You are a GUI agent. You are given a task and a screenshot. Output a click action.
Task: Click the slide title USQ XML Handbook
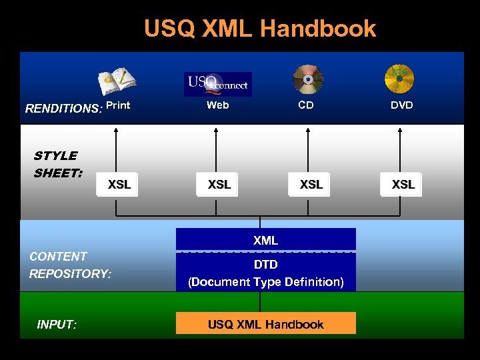point(260,29)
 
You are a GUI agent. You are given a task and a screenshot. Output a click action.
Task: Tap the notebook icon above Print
point(117,81)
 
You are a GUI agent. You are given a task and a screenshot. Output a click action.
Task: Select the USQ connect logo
point(217,84)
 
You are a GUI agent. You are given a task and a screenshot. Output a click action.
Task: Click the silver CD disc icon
point(307,79)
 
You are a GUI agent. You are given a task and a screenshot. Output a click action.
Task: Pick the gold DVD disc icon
point(399,79)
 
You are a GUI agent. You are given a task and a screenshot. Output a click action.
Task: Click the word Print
point(118,105)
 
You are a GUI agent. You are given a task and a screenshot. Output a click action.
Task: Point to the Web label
point(217,105)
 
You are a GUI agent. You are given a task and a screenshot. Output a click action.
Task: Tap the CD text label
point(306,105)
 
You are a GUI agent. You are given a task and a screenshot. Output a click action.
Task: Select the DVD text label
point(401,105)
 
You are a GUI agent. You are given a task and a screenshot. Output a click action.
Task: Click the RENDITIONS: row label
point(64,109)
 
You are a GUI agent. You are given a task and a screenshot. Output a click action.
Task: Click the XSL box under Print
point(119,185)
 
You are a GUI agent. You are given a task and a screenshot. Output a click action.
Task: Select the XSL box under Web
point(219,185)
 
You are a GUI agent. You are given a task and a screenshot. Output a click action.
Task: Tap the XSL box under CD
point(311,185)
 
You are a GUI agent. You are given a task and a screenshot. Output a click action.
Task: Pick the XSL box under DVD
point(403,185)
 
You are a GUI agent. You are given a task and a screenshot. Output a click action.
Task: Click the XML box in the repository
point(265,240)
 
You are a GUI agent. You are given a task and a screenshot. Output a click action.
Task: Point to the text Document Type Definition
point(265,282)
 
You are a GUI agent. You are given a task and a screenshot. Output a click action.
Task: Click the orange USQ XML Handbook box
point(265,324)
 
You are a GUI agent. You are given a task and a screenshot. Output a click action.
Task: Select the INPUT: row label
point(57,325)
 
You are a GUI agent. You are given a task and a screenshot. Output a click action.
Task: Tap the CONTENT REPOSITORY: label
point(70,265)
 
